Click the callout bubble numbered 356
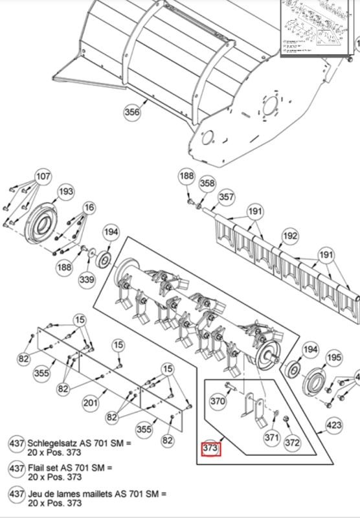(132, 112)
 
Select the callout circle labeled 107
(42, 176)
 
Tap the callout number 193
(66, 192)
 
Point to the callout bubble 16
(89, 207)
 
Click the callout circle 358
(207, 184)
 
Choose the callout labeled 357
(225, 197)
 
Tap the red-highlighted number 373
(211, 449)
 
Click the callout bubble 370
(218, 401)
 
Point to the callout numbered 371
(271, 438)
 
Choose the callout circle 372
(293, 443)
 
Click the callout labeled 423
(333, 426)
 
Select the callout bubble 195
(333, 357)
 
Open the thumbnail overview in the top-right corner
(320, 27)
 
